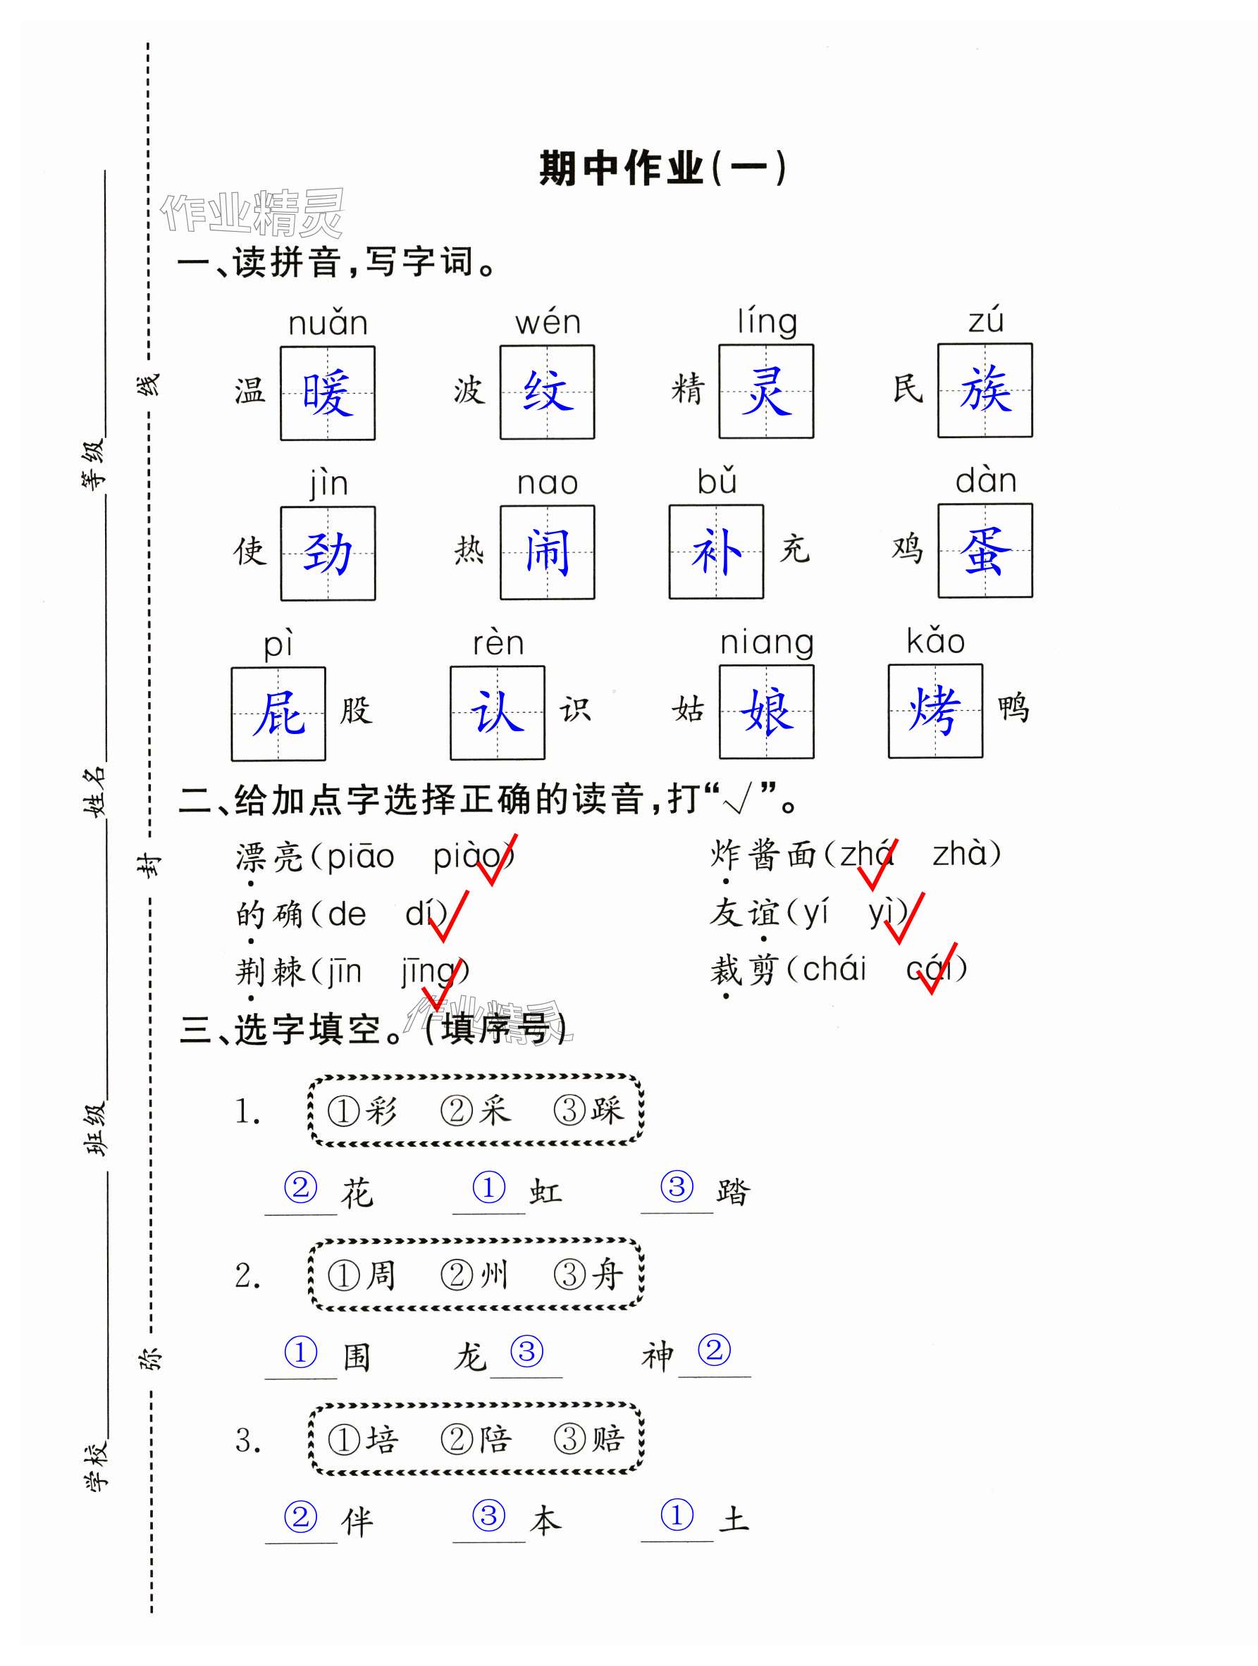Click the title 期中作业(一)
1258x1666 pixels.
click(663, 168)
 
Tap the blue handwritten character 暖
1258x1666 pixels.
click(328, 393)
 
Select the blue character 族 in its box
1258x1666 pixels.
click(985, 390)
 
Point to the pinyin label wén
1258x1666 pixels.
click(548, 323)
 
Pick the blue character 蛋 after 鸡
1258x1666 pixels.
click(985, 552)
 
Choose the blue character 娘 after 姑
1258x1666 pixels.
click(766, 711)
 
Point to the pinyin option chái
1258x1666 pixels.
click(834, 969)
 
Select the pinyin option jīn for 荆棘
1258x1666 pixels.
click(343, 972)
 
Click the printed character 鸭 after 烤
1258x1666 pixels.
click(1013, 709)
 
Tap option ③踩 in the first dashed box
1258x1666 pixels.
click(589, 1110)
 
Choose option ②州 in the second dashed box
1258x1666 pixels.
click(474, 1275)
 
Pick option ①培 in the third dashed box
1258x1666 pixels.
click(362, 1439)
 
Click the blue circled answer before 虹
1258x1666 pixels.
click(489, 1187)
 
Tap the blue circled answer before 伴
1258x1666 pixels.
click(300, 1516)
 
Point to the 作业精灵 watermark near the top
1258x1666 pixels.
click(252, 213)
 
